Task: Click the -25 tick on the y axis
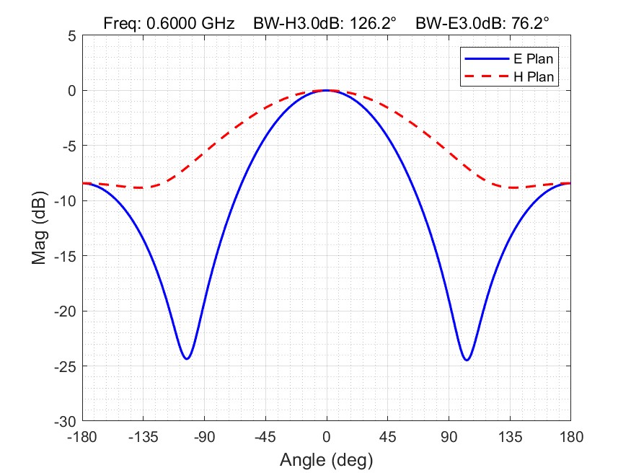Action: [66, 366]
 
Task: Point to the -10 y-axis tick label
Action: [66, 200]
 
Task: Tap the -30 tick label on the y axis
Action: [66, 420]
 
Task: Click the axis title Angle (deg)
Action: [326, 459]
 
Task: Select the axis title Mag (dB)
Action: [40, 228]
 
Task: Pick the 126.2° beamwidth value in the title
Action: [371, 23]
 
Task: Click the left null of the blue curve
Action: [186, 358]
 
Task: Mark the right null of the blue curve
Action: [467, 359]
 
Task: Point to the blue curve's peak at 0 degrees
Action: [327, 90]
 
